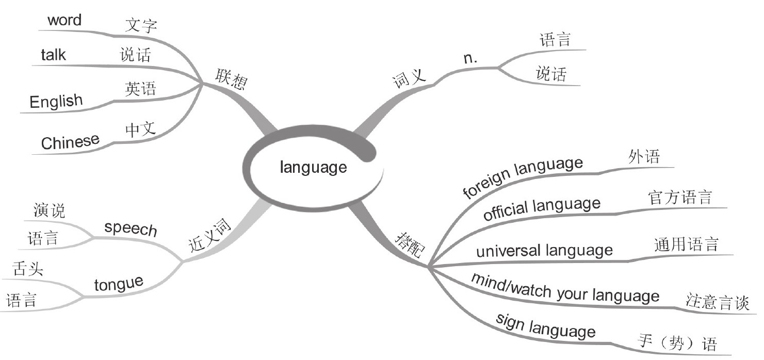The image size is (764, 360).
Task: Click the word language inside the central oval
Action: (313, 167)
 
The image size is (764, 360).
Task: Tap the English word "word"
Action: (64, 21)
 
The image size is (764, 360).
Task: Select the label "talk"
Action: (54, 55)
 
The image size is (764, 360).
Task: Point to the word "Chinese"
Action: (70, 141)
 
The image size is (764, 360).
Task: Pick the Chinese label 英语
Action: (140, 89)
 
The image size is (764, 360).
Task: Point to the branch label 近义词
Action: (208, 236)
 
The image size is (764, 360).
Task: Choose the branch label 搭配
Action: (410, 243)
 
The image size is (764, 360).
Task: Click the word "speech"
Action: (131, 228)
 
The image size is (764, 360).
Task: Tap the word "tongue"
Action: (118, 283)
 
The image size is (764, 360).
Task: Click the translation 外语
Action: (644, 156)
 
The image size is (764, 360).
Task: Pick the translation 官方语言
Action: (680, 198)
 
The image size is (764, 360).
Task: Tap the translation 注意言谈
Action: (717, 302)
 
